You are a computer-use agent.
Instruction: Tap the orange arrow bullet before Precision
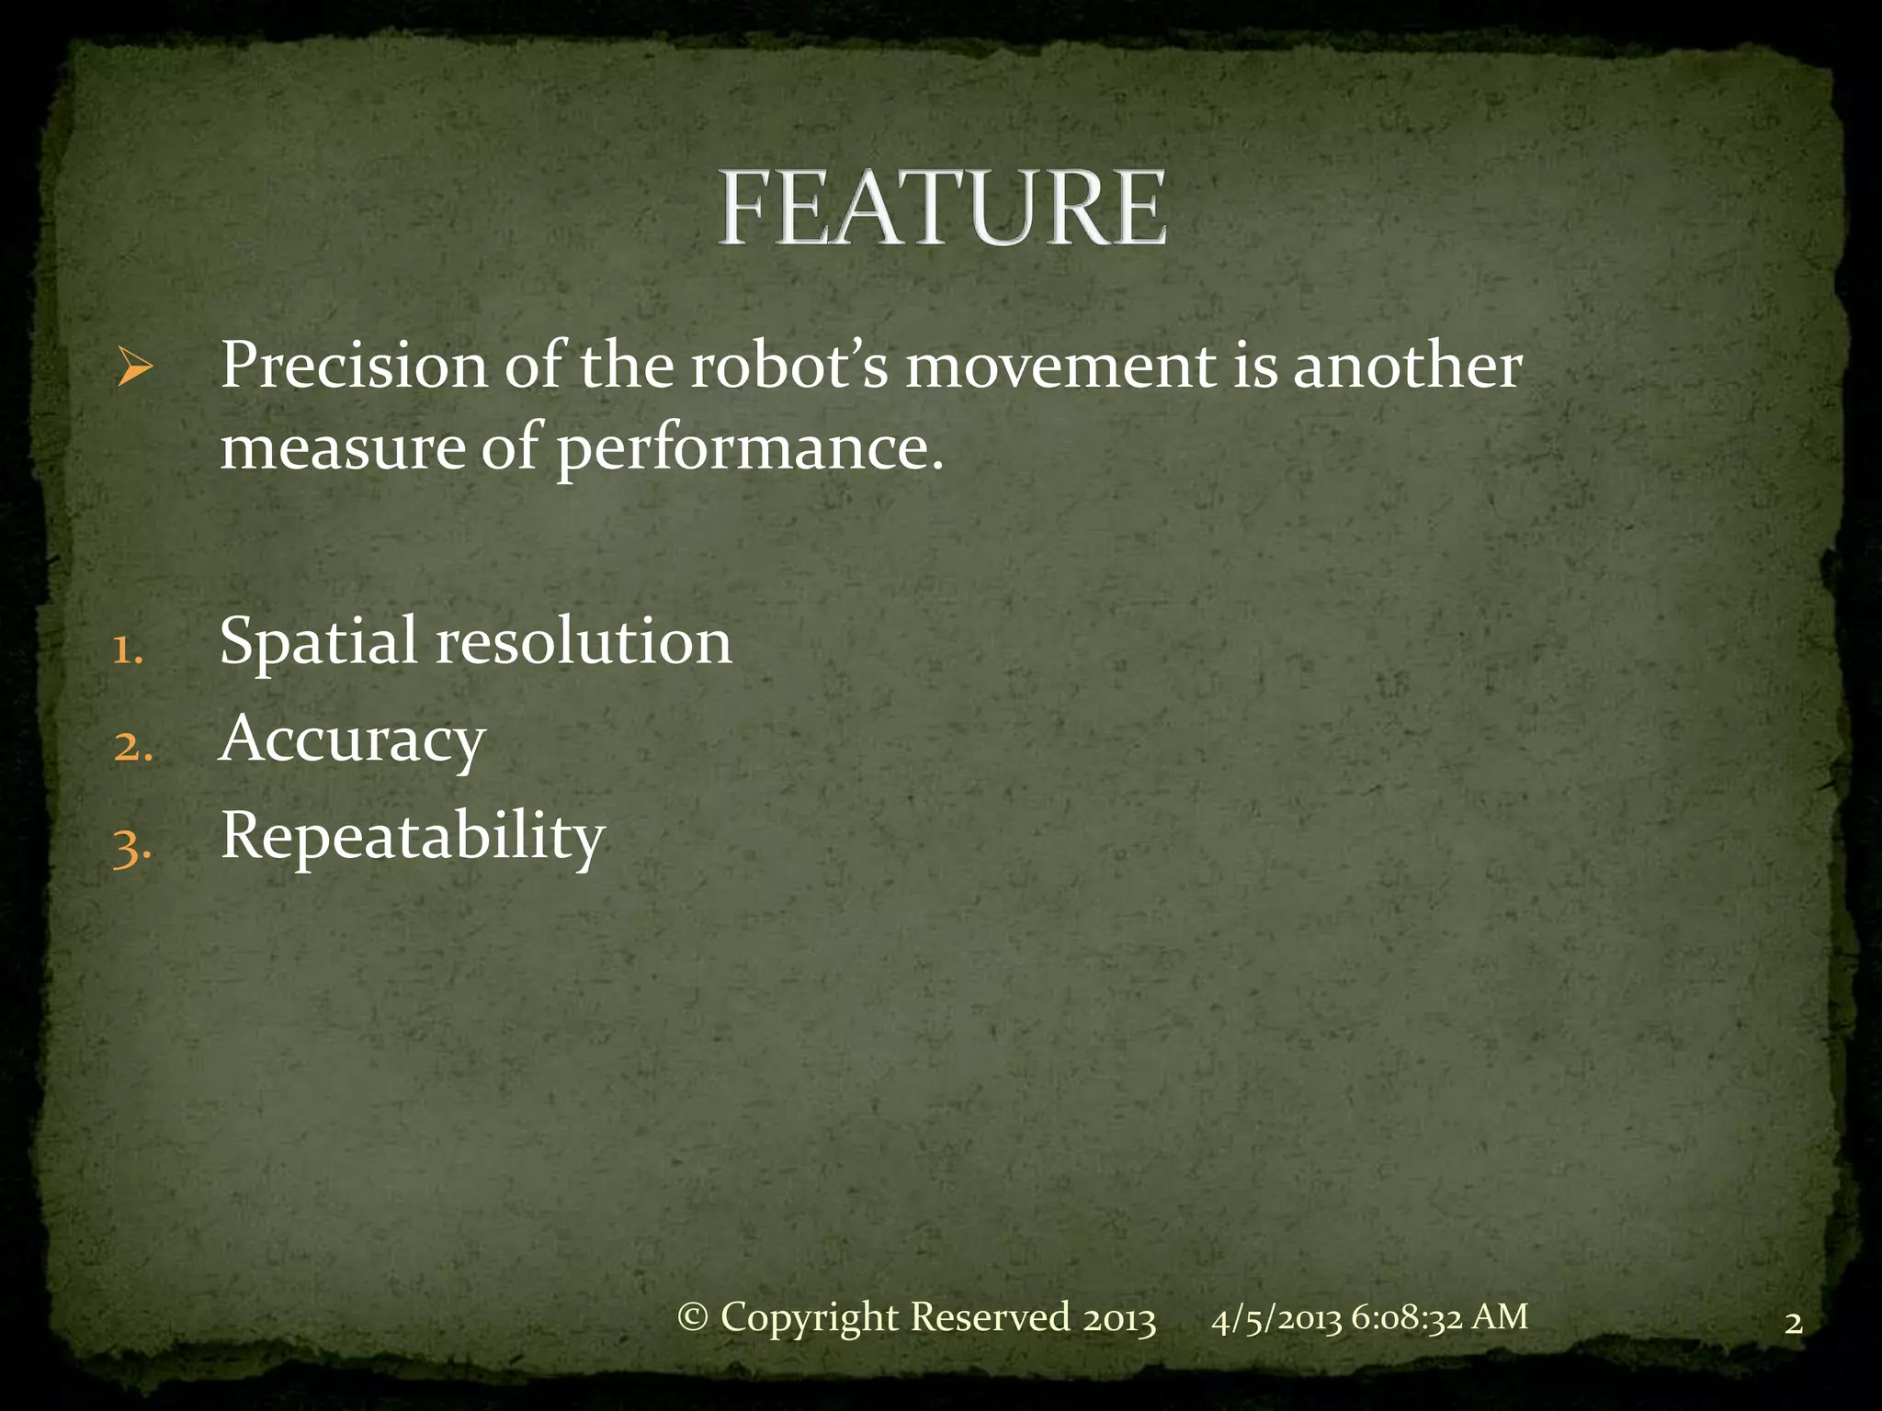[x=135, y=369]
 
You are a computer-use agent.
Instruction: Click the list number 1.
[x=127, y=650]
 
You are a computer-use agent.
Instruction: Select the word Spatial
[x=318, y=643]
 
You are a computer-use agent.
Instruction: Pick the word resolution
[x=584, y=643]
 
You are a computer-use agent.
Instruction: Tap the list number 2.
[x=132, y=747]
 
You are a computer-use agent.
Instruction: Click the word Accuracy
[x=352, y=740]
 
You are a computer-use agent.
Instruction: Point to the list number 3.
[x=131, y=847]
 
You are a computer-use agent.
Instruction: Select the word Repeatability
[x=413, y=838]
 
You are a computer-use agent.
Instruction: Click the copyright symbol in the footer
[x=693, y=1318]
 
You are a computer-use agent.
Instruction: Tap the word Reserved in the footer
[x=990, y=1317]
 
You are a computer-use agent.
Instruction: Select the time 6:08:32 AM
[x=1439, y=1317]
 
